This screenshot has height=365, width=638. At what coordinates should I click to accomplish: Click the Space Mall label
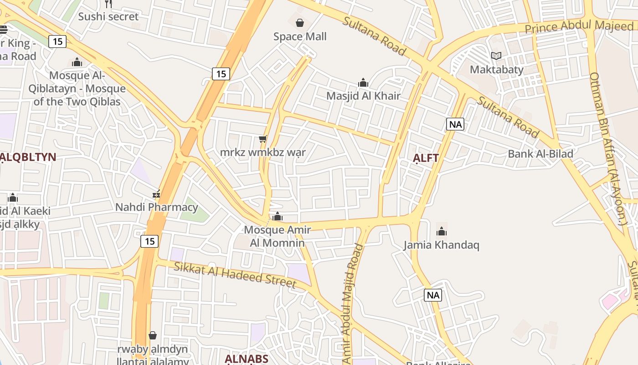point(300,36)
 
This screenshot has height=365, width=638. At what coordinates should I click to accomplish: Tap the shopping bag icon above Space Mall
point(300,22)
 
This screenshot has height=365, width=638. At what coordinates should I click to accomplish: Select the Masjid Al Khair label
point(363,96)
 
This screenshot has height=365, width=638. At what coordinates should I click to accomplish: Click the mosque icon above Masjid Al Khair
point(363,83)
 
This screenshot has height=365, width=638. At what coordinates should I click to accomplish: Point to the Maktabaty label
point(496,70)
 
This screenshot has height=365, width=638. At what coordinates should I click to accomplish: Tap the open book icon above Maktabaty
point(496,56)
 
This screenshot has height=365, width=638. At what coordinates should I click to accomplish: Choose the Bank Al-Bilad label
point(540,154)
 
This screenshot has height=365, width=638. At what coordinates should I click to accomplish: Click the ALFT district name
point(426,158)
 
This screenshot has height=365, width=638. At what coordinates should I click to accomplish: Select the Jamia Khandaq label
point(441,245)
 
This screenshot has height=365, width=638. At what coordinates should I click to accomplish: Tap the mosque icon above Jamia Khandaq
point(441,231)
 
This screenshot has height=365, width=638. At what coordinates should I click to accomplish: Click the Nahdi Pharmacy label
point(156,207)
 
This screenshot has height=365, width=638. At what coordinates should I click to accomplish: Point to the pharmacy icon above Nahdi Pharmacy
point(156,194)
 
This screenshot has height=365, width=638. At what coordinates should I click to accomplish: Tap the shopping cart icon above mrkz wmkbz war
point(262,139)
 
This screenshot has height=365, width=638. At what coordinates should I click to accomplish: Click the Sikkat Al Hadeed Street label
point(235,275)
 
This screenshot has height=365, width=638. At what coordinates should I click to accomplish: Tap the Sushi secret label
point(108,16)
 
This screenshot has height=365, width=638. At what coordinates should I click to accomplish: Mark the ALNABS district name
point(247,359)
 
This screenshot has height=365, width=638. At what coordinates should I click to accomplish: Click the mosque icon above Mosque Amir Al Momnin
point(278,216)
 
